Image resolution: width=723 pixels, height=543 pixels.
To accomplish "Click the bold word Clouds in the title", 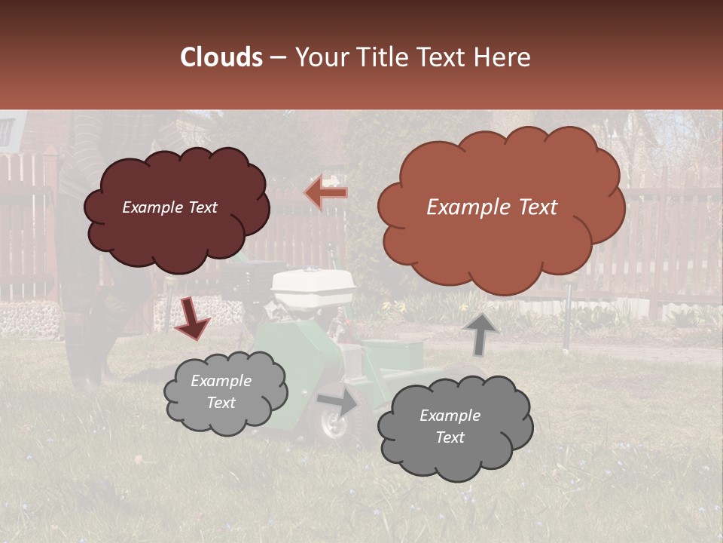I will click(x=221, y=57).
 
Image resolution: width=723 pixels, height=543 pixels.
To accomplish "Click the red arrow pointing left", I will click(x=327, y=193).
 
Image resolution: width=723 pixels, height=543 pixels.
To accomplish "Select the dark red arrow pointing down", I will click(x=192, y=318).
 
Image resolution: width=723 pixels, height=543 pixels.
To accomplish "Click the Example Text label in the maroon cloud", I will click(x=169, y=207).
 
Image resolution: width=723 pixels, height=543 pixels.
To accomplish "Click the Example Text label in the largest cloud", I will click(x=492, y=207).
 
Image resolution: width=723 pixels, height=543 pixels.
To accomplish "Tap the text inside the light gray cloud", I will click(x=221, y=391).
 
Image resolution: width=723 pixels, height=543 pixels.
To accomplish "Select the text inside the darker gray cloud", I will click(x=450, y=426).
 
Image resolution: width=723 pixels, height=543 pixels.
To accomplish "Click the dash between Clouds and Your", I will click(x=276, y=58).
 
